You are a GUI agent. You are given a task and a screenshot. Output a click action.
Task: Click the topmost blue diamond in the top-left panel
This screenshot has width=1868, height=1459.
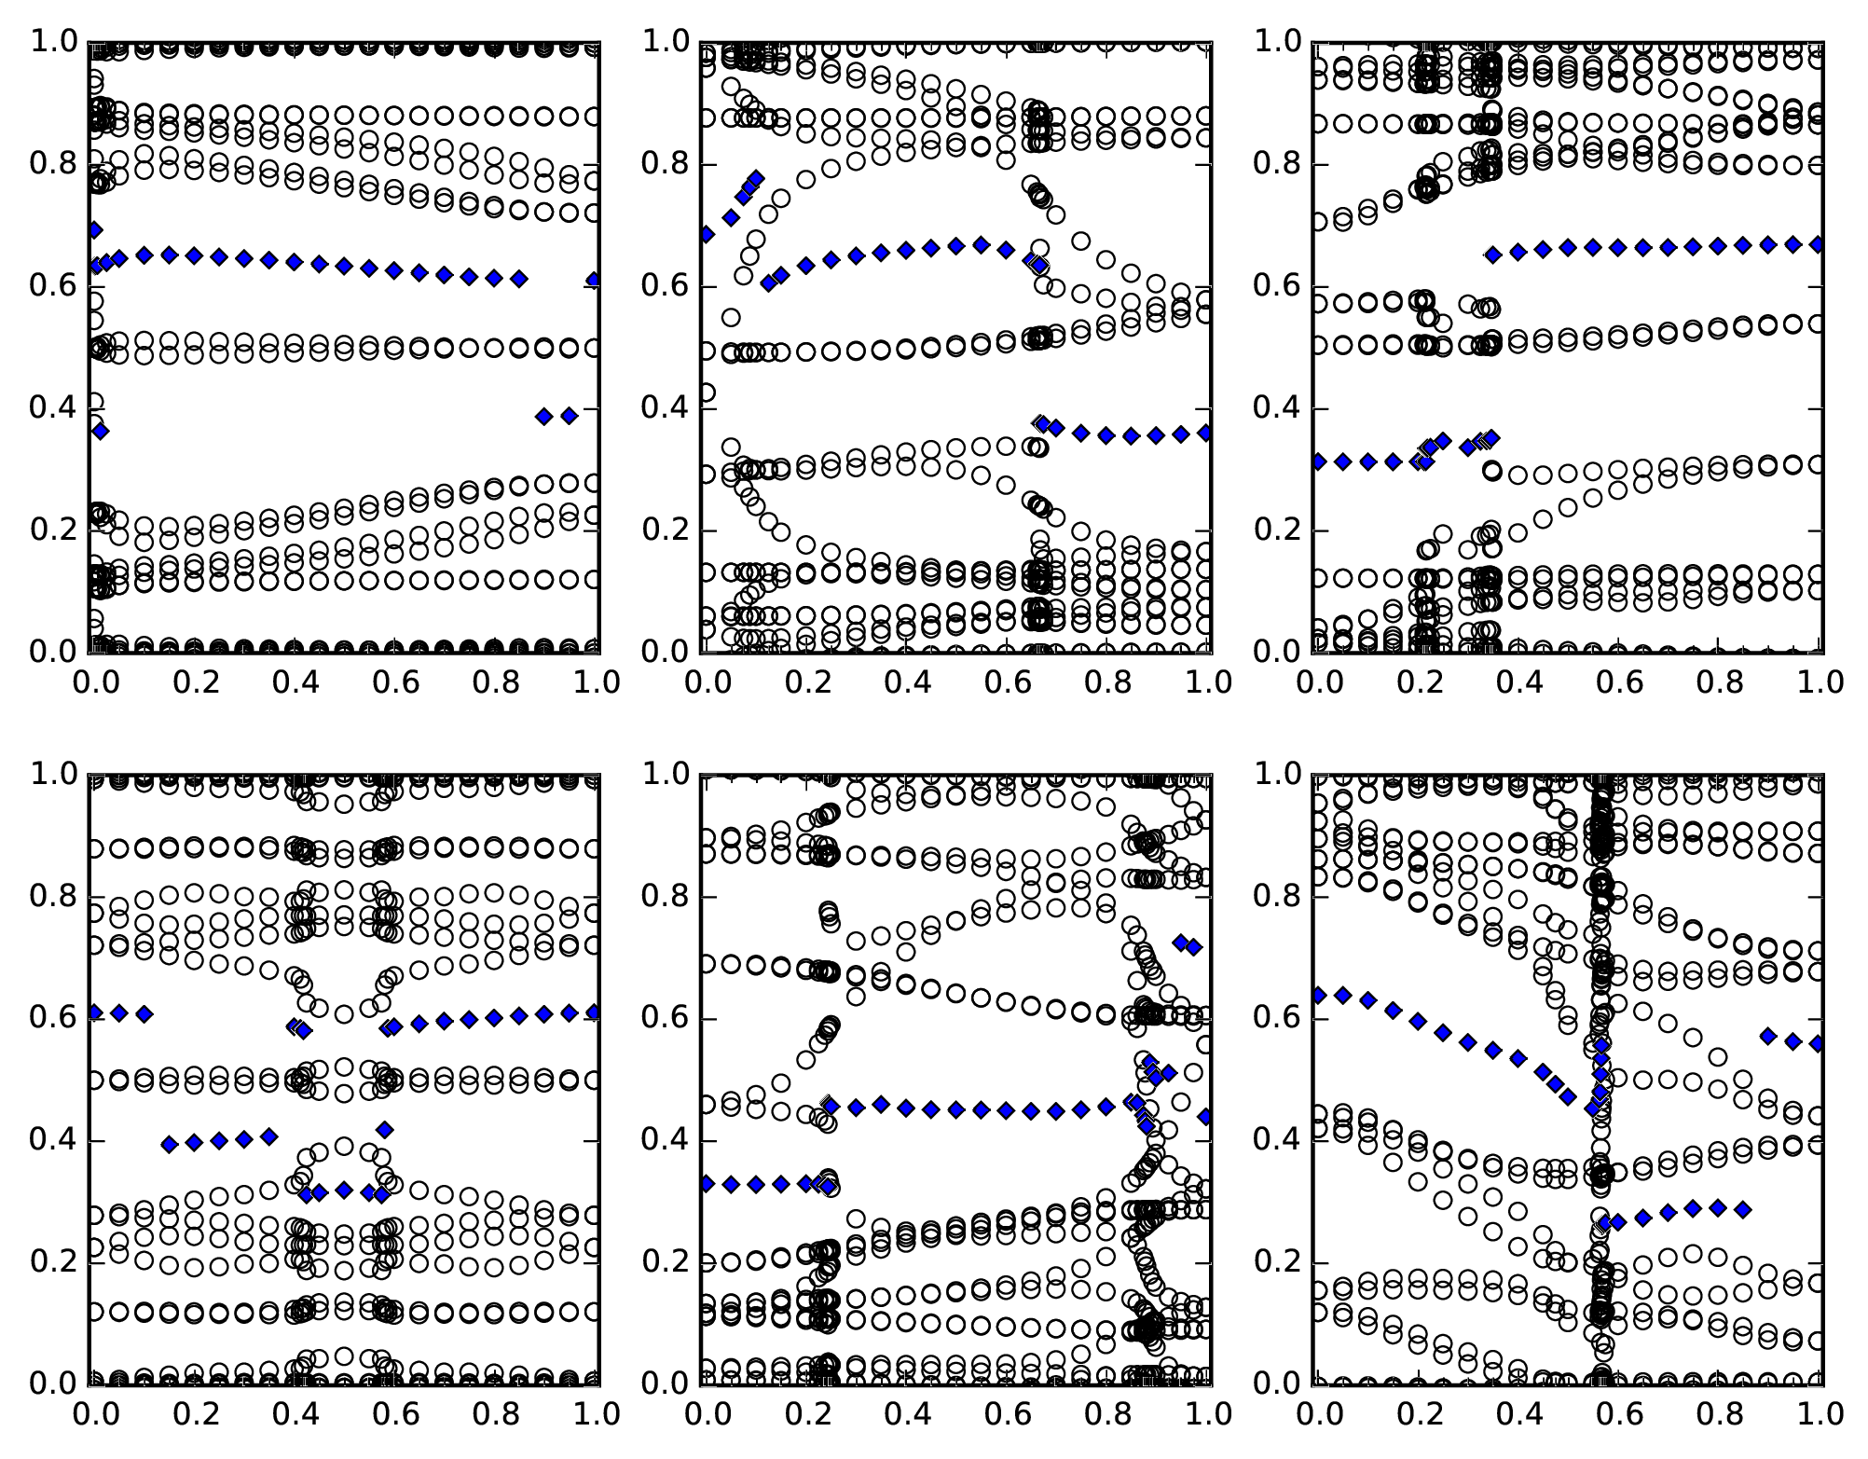[x=94, y=229]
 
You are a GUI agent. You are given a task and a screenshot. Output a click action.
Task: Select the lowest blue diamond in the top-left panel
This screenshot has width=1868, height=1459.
[x=101, y=431]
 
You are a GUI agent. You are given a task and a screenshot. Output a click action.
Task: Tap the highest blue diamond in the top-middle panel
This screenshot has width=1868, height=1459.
[x=757, y=178]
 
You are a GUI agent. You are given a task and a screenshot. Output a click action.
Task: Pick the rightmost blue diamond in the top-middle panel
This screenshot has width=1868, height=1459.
[x=1206, y=433]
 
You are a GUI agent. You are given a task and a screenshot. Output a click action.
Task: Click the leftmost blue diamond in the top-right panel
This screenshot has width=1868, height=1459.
[x=1318, y=461]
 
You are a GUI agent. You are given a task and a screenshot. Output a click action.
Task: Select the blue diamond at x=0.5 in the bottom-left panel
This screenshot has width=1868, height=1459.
[x=344, y=1190]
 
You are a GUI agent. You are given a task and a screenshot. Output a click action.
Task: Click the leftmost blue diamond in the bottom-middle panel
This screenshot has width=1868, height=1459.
[x=707, y=1184]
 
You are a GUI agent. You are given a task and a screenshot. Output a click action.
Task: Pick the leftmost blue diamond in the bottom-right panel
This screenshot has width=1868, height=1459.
[x=1318, y=996]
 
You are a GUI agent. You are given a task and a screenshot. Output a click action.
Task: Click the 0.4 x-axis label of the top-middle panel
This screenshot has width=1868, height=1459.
[x=905, y=682]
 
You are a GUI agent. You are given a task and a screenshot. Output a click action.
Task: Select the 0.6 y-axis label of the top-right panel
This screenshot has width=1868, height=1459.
[x=1276, y=286]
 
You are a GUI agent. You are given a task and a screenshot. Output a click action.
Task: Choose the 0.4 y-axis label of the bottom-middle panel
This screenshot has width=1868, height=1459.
[x=665, y=1141]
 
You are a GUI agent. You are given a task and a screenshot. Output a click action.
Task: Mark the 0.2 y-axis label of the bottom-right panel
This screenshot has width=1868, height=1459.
[x=1276, y=1263]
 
